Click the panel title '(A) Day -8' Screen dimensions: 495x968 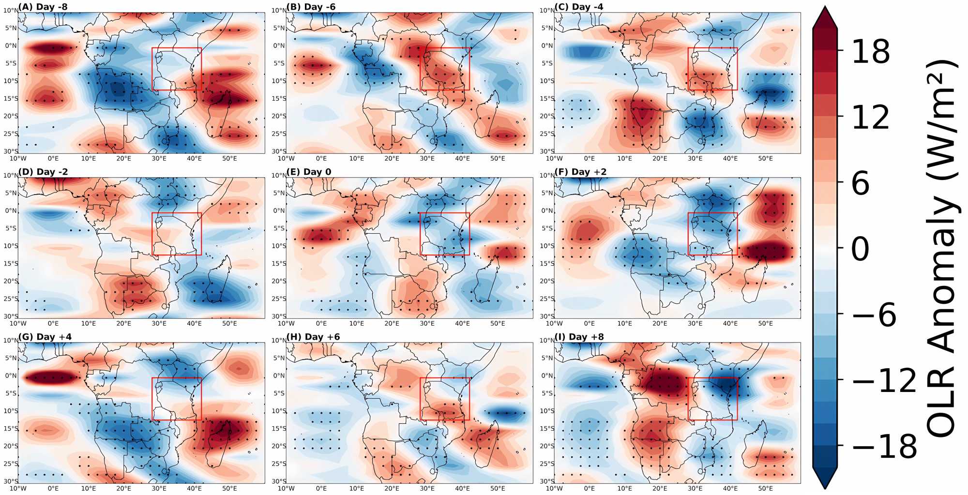43,7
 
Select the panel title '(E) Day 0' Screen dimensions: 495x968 309,172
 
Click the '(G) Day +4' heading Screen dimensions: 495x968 45,337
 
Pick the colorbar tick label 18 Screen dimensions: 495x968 870,51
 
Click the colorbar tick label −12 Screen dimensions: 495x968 884,380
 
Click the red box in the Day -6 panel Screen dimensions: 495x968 445,69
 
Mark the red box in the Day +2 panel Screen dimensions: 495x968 713,234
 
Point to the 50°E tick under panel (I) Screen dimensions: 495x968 765,489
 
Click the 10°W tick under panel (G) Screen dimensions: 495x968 18,489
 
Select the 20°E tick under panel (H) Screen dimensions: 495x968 392,489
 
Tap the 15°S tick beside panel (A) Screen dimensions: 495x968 11,99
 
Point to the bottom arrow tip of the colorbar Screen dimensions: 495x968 825,487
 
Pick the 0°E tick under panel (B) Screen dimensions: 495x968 321,159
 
